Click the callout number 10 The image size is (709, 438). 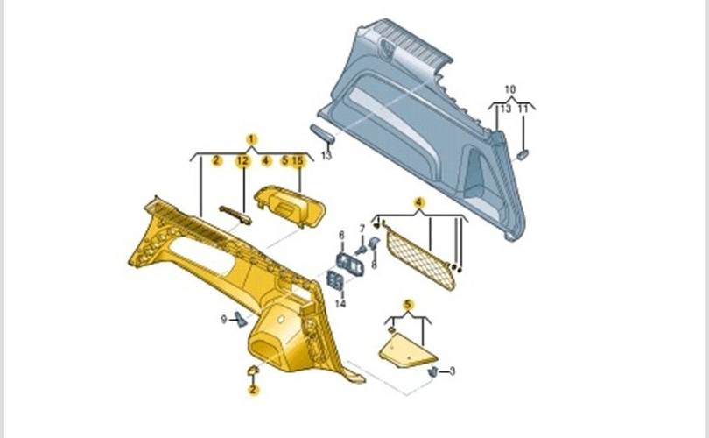click(509, 89)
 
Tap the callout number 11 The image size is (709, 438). click(523, 109)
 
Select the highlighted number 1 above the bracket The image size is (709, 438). click(252, 140)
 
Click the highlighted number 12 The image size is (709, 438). click(242, 160)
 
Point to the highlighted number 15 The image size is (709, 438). click(298, 160)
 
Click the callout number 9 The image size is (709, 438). click(223, 320)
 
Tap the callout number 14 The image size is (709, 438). click(340, 303)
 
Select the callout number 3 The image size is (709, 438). click(452, 371)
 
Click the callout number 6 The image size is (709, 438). click(341, 236)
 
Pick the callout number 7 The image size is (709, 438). click(362, 229)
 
